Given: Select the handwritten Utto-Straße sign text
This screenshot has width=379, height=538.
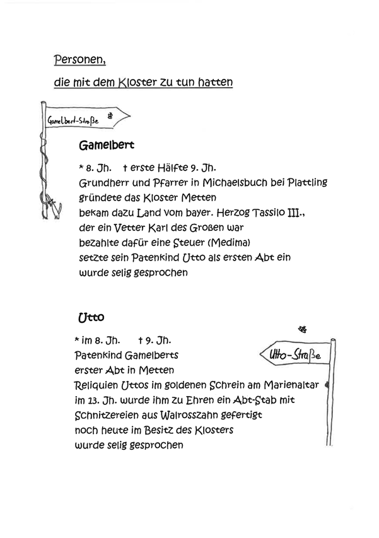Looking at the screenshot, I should click(294, 356).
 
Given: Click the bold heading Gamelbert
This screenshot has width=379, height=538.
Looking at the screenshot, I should click(106, 145).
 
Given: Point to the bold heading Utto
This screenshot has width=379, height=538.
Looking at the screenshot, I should click(89, 318).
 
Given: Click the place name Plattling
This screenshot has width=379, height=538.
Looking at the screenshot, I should click(306, 183).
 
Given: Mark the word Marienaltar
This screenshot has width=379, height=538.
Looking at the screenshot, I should click(300, 385).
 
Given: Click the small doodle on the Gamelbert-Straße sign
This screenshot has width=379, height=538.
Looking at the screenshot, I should click(110, 115).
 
